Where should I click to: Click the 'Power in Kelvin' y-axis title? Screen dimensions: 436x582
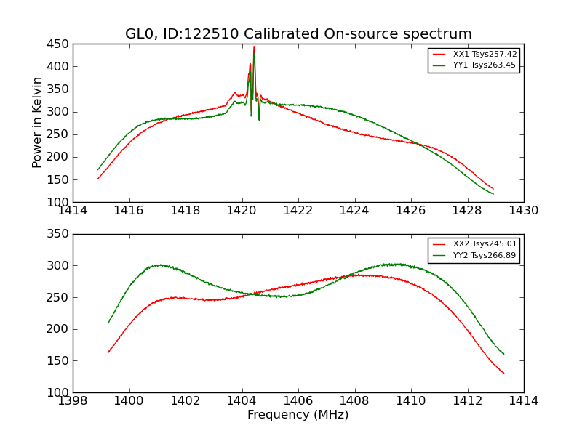click(x=38, y=124)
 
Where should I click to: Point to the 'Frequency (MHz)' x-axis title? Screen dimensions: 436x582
click(x=298, y=415)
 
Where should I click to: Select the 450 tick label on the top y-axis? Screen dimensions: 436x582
click(x=57, y=44)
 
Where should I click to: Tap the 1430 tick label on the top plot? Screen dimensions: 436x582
click(x=524, y=211)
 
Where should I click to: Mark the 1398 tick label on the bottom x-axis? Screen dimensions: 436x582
click(x=73, y=401)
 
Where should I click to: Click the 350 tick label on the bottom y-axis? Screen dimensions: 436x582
click(x=57, y=234)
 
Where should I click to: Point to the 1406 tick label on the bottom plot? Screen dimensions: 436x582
click(x=298, y=401)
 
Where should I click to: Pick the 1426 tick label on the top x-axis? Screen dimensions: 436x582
click(x=411, y=211)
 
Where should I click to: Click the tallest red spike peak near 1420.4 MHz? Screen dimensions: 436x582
click(x=254, y=47)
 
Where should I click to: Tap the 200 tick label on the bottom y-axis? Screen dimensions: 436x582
click(x=57, y=329)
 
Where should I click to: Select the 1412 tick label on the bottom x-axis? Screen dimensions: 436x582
click(x=467, y=401)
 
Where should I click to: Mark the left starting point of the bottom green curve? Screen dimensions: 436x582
click(x=108, y=323)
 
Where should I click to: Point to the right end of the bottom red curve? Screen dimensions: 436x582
click(x=503, y=373)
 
